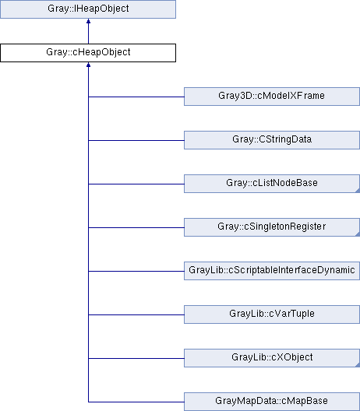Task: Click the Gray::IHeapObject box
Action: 88,9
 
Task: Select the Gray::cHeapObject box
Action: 88,53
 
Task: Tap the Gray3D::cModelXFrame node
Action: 272,97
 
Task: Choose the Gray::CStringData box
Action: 272,140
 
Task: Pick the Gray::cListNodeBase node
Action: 272,184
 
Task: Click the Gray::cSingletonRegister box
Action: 272,227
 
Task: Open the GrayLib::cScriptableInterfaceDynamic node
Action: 272,271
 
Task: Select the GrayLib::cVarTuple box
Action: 272,314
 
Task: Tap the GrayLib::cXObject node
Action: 272,358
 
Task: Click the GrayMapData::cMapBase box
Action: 272,402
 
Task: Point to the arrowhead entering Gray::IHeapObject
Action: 88,21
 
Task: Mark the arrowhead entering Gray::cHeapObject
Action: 88,65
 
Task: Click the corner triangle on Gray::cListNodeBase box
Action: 358,191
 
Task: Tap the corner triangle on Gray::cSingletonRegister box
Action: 358,234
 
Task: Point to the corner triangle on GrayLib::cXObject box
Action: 358,365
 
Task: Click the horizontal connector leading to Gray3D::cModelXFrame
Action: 136,97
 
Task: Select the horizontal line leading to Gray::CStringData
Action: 136,140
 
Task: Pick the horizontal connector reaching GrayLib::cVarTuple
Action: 136,314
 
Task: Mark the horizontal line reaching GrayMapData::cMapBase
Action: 136,402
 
